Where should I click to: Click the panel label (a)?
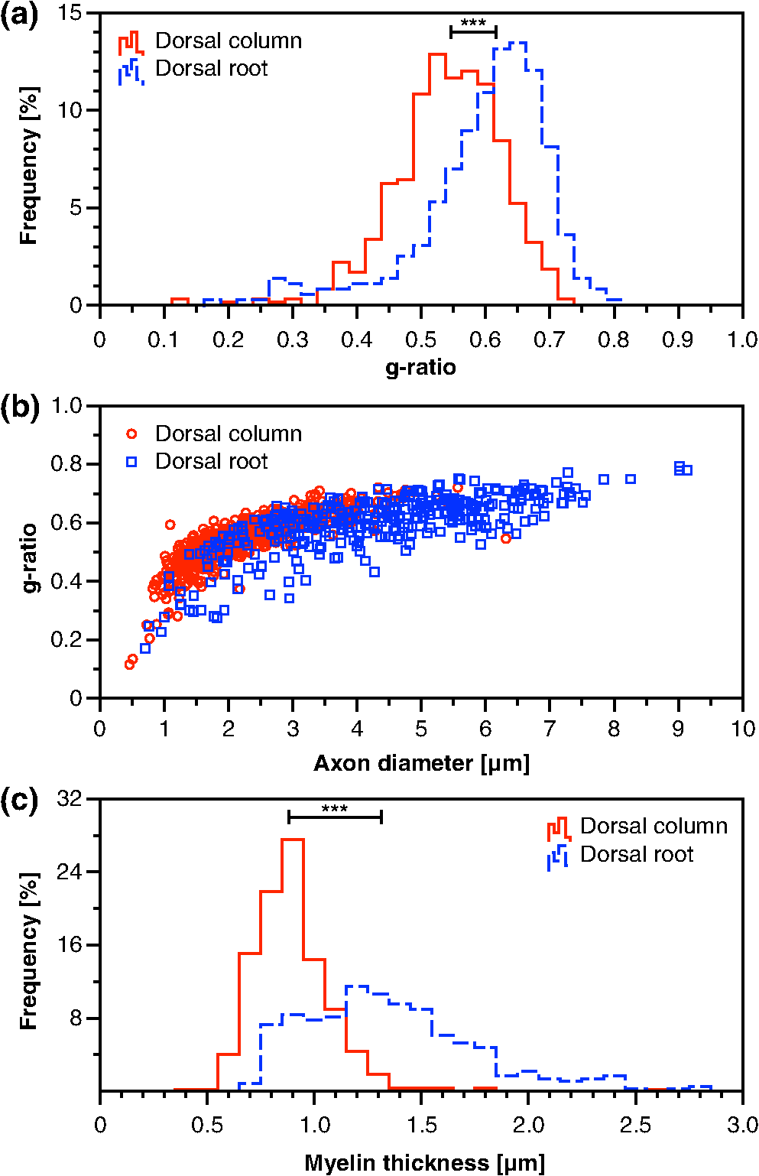point(19,16)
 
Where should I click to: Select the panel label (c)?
point(19,802)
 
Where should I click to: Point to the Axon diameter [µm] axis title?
point(421,763)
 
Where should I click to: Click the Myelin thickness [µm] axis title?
point(424,1162)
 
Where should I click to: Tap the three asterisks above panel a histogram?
point(473,24)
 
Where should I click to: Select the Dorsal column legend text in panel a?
point(229,41)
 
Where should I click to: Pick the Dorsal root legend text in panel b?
point(212,462)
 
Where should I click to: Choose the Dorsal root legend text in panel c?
point(637,854)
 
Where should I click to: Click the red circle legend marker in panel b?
point(131,434)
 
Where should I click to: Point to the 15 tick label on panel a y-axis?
point(70,12)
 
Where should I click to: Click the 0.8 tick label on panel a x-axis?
point(613,339)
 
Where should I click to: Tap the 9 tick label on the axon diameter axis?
point(678,729)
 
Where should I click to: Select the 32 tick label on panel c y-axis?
point(70,799)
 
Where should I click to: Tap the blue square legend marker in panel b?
point(131,462)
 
